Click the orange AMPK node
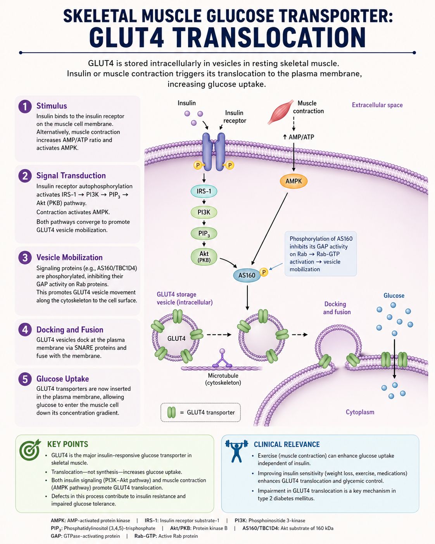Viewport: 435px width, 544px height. click(293, 181)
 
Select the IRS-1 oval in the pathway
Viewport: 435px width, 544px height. click(204, 191)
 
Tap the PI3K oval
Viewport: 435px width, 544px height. click(204, 212)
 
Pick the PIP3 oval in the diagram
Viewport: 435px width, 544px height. click(204, 233)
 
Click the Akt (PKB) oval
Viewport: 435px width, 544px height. click(204, 256)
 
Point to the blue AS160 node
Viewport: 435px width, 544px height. click(247, 275)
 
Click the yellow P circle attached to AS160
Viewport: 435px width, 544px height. click(264, 272)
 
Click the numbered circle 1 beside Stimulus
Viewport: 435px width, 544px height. click(25, 106)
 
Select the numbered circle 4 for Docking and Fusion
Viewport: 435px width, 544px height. click(25, 330)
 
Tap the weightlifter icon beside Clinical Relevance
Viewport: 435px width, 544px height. click(236, 451)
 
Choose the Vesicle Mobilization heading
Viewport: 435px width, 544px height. click(69, 257)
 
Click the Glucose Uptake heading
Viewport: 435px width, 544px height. click(63, 379)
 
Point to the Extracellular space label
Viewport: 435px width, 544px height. click(377, 105)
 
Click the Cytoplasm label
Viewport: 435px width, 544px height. click(360, 412)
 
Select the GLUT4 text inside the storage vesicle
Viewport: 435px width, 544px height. click(176, 338)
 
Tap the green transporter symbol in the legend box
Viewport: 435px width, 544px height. click(171, 412)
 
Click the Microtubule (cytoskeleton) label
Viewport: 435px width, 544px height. click(223, 379)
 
